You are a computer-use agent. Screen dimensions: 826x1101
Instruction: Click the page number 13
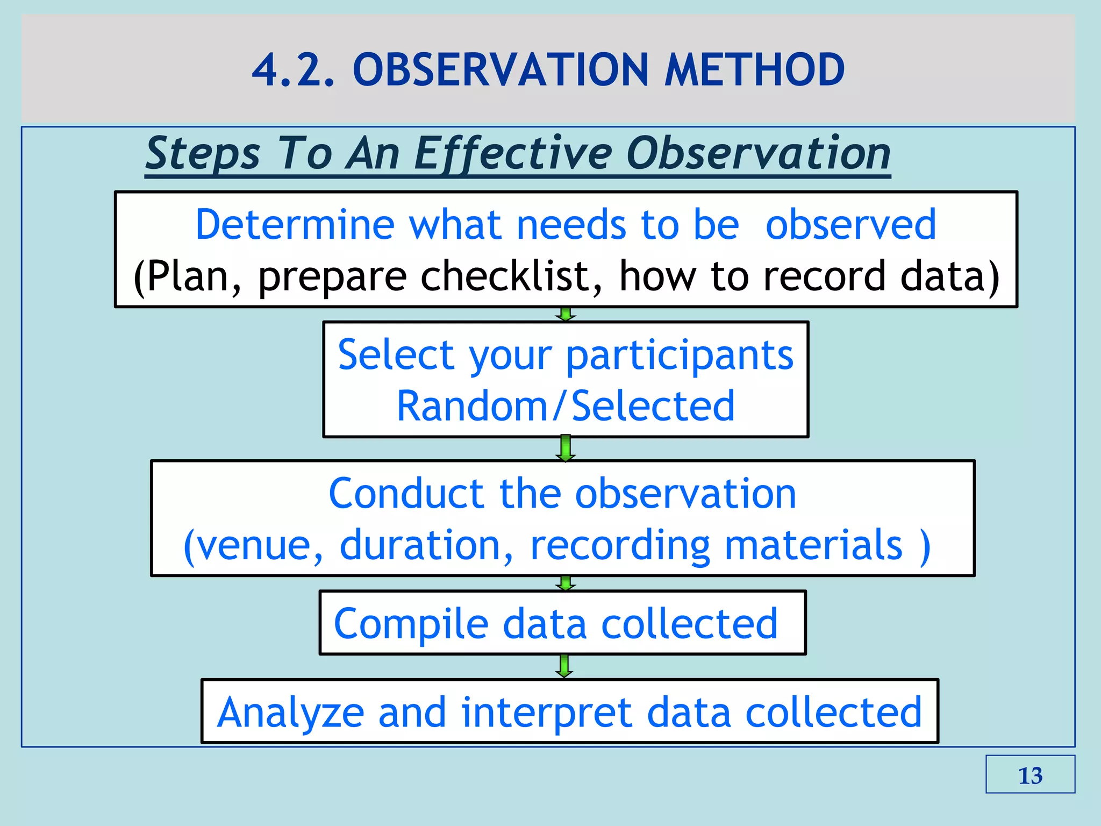pyautogui.click(x=1030, y=775)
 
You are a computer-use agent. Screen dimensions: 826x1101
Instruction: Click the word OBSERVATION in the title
pyautogui.click(x=501, y=70)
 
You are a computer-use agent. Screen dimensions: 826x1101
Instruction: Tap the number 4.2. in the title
pyautogui.click(x=293, y=70)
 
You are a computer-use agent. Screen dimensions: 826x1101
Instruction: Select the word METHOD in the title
pyautogui.click(x=754, y=70)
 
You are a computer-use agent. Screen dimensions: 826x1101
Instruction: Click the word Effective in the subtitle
pyautogui.click(x=513, y=154)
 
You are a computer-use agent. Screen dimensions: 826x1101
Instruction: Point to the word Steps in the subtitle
pyautogui.click(x=203, y=154)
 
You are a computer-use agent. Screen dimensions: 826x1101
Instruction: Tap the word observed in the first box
pyautogui.click(x=850, y=225)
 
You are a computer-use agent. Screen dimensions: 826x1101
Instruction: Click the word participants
pyautogui.click(x=680, y=355)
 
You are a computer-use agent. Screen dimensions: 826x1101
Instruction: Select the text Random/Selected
pyautogui.click(x=566, y=406)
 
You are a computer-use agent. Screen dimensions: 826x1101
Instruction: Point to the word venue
pyautogui.click(x=254, y=545)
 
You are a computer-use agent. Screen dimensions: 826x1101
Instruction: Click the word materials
pyautogui.click(x=813, y=545)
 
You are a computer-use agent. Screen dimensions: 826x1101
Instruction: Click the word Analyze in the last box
pyautogui.click(x=291, y=712)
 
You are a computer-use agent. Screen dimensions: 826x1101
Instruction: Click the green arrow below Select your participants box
pyautogui.click(x=565, y=448)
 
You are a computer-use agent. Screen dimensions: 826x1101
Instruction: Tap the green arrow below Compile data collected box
pyautogui.click(x=564, y=666)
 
